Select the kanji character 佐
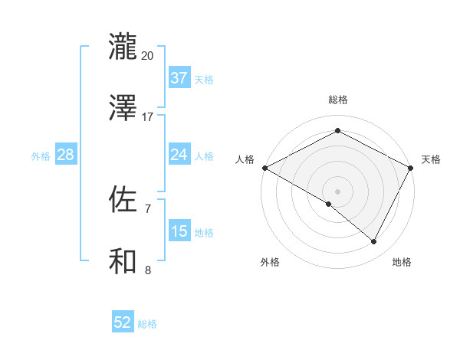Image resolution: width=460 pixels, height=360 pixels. click(123, 199)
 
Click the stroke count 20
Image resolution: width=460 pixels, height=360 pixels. click(148, 56)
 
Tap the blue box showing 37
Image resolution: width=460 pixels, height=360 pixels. click(179, 78)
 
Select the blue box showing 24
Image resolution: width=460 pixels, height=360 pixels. click(179, 155)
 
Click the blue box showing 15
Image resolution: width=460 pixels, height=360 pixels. click(179, 231)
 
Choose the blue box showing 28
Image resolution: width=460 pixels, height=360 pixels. click(66, 155)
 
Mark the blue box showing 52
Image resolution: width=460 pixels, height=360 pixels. click(123, 323)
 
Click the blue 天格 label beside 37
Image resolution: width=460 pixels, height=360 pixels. click(204, 79)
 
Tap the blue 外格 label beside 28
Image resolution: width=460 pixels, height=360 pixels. click(41, 155)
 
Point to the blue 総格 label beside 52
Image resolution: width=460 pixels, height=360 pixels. click(147, 324)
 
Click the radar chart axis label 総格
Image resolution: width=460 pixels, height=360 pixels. click(338, 100)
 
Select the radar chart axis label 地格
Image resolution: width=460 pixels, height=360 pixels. click(402, 262)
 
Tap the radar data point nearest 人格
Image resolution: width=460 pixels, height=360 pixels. click(264, 168)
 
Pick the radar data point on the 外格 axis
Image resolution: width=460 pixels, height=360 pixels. click(329, 204)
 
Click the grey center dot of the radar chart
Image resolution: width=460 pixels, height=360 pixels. click(338, 191)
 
